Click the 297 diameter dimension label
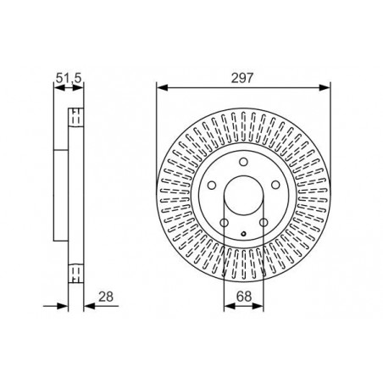click(x=242, y=78)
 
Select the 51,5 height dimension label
click(x=69, y=78)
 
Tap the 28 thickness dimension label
click(x=106, y=297)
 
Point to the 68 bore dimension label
click(x=244, y=297)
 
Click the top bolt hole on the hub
click(x=243, y=162)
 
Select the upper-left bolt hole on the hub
click(x=212, y=186)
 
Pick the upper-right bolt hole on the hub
click(x=275, y=186)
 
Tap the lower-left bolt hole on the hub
click(x=224, y=223)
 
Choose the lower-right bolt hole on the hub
click(x=264, y=223)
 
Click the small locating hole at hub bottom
click(x=243, y=234)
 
